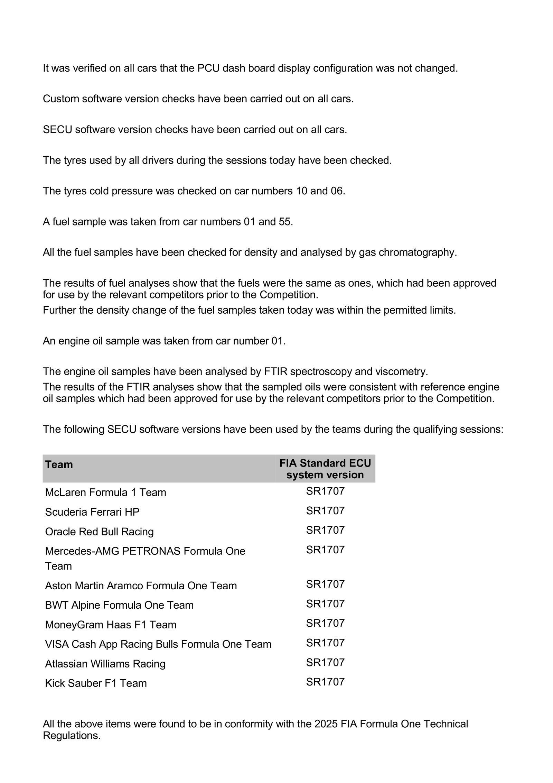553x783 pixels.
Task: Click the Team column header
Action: coord(59,464)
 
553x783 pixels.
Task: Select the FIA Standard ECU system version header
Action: coord(325,469)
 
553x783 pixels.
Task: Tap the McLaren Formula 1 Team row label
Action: coord(105,492)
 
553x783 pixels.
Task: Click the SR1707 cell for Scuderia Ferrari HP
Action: coord(325,510)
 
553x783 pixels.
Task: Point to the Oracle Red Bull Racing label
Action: coord(99,531)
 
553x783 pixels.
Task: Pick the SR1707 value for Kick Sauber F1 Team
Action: coord(325,682)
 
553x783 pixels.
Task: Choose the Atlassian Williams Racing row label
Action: coord(105,664)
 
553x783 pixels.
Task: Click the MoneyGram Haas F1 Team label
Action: coord(111,625)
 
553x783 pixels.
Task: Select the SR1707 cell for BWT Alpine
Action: coord(325,604)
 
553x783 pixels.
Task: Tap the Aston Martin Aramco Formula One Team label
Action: coord(141,586)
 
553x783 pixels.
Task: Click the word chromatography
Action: coord(418,252)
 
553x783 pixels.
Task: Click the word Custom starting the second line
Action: coord(61,99)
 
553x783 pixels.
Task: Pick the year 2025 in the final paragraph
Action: coord(326,724)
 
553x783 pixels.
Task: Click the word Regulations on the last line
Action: coord(71,736)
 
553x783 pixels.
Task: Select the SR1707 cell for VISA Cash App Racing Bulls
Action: coord(325,643)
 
